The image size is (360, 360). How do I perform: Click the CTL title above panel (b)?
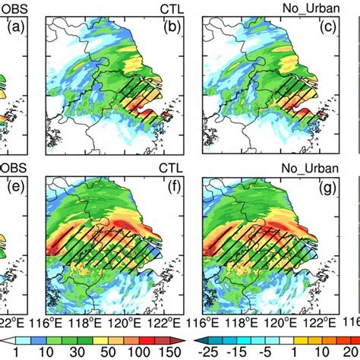pyautogui.click(x=176, y=8)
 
